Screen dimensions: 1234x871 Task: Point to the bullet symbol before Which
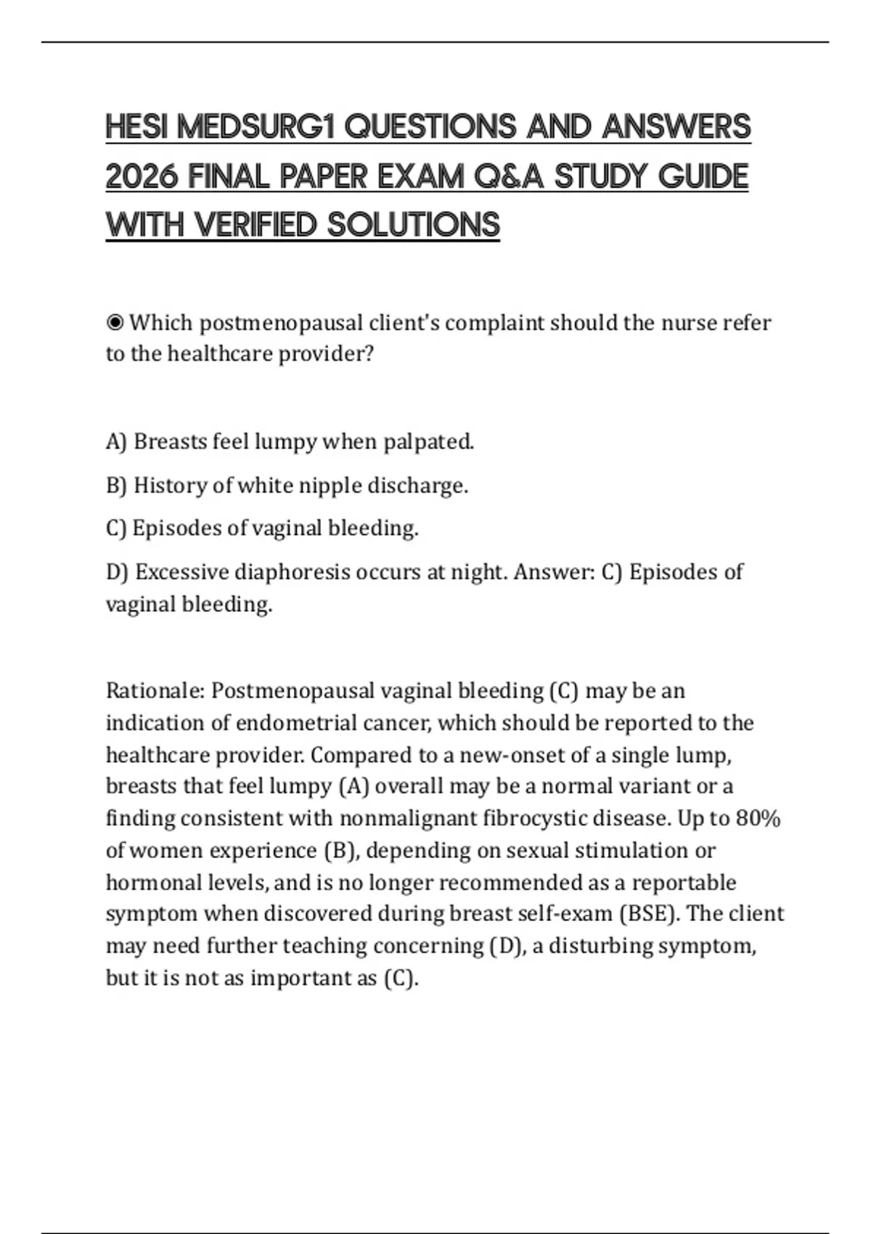[x=115, y=322]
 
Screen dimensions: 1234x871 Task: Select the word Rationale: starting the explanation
[x=155, y=690]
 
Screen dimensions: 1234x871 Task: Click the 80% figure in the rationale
[x=758, y=818]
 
